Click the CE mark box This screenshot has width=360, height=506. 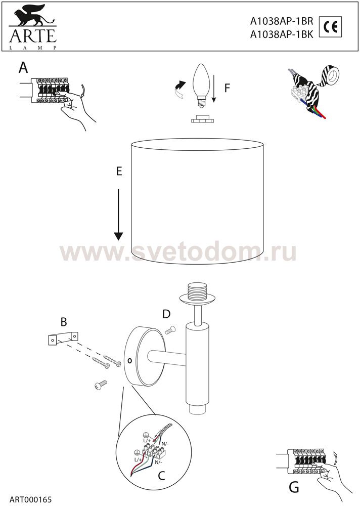click(x=330, y=27)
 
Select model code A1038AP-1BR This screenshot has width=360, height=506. click(x=282, y=21)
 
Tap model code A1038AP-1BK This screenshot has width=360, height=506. click(x=282, y=34)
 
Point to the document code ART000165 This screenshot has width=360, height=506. click(x=31, y=499)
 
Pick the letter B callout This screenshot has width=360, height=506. click(x=64, y=322)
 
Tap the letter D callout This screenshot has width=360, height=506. click(x=166, y=314)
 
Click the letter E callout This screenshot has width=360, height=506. click(x=119, y=172)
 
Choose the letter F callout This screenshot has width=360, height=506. click(x=227, y=88)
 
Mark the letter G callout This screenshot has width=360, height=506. click(x=294, y=487)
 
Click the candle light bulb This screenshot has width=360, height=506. click(x=201, y=82)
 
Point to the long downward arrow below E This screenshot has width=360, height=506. click(x=119, y=215)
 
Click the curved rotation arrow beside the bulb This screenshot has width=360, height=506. click(x=179, y=90)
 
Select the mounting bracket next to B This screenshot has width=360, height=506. click(x=63, y=339)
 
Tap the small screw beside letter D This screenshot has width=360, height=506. click(x=170, y=330)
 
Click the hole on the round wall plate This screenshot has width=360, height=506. click(x=129, y=361)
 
